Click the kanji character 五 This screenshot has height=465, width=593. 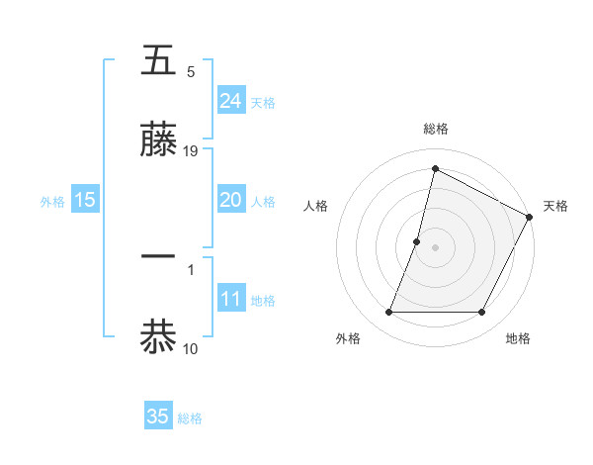click(159, 60)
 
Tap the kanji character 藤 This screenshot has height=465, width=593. click(159, 140)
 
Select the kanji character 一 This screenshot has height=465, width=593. click(159, 255)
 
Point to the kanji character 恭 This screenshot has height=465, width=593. click(159, 334)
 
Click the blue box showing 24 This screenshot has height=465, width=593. click(231, 101)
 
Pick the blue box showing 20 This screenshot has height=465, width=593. click(231, 200)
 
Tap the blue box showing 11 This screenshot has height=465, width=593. click(231, 299)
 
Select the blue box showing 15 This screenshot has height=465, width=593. click(85, 200)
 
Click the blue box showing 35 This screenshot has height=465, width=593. click(158, 417)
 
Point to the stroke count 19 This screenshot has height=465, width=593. click(191, 151)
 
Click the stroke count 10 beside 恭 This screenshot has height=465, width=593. click(191, 347)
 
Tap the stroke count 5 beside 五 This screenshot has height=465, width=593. click(191, 72)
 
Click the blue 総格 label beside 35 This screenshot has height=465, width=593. click(190, 418)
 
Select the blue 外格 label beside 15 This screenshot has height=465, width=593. click(52, 202)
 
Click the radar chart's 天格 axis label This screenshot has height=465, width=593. click(555, 206)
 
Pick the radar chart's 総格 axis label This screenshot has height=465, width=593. click(435, 129)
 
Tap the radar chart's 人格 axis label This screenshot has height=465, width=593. click(315, 206)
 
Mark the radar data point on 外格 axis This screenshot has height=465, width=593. click(388, 313)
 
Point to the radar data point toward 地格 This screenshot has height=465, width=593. click(482, 313)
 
